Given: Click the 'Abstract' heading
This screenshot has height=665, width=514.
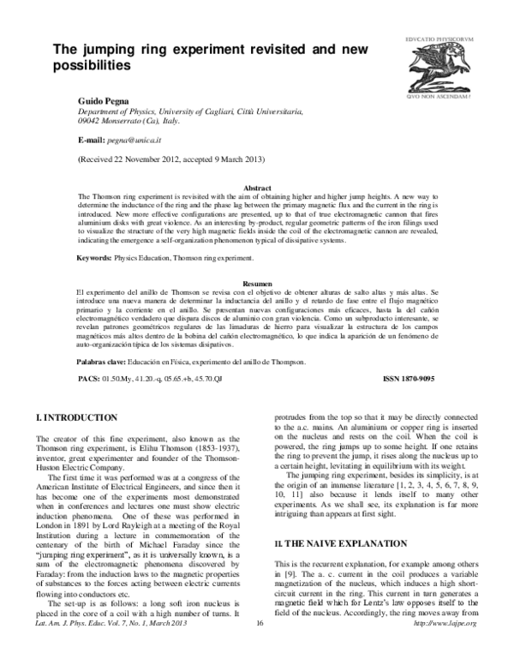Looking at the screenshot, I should tap(258, 187).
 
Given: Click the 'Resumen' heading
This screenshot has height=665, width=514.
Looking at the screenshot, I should tap(258, 282).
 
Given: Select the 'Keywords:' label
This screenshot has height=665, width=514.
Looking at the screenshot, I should tap(93, 258).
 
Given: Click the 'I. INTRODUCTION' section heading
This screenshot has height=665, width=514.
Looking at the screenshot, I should tap(75, 417).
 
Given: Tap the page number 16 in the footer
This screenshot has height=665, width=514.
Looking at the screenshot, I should tap(258, 646).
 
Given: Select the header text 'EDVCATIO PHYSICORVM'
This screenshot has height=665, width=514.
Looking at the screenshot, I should tap(439, 39).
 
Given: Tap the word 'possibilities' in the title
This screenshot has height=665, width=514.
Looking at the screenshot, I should tap(93, 65).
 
